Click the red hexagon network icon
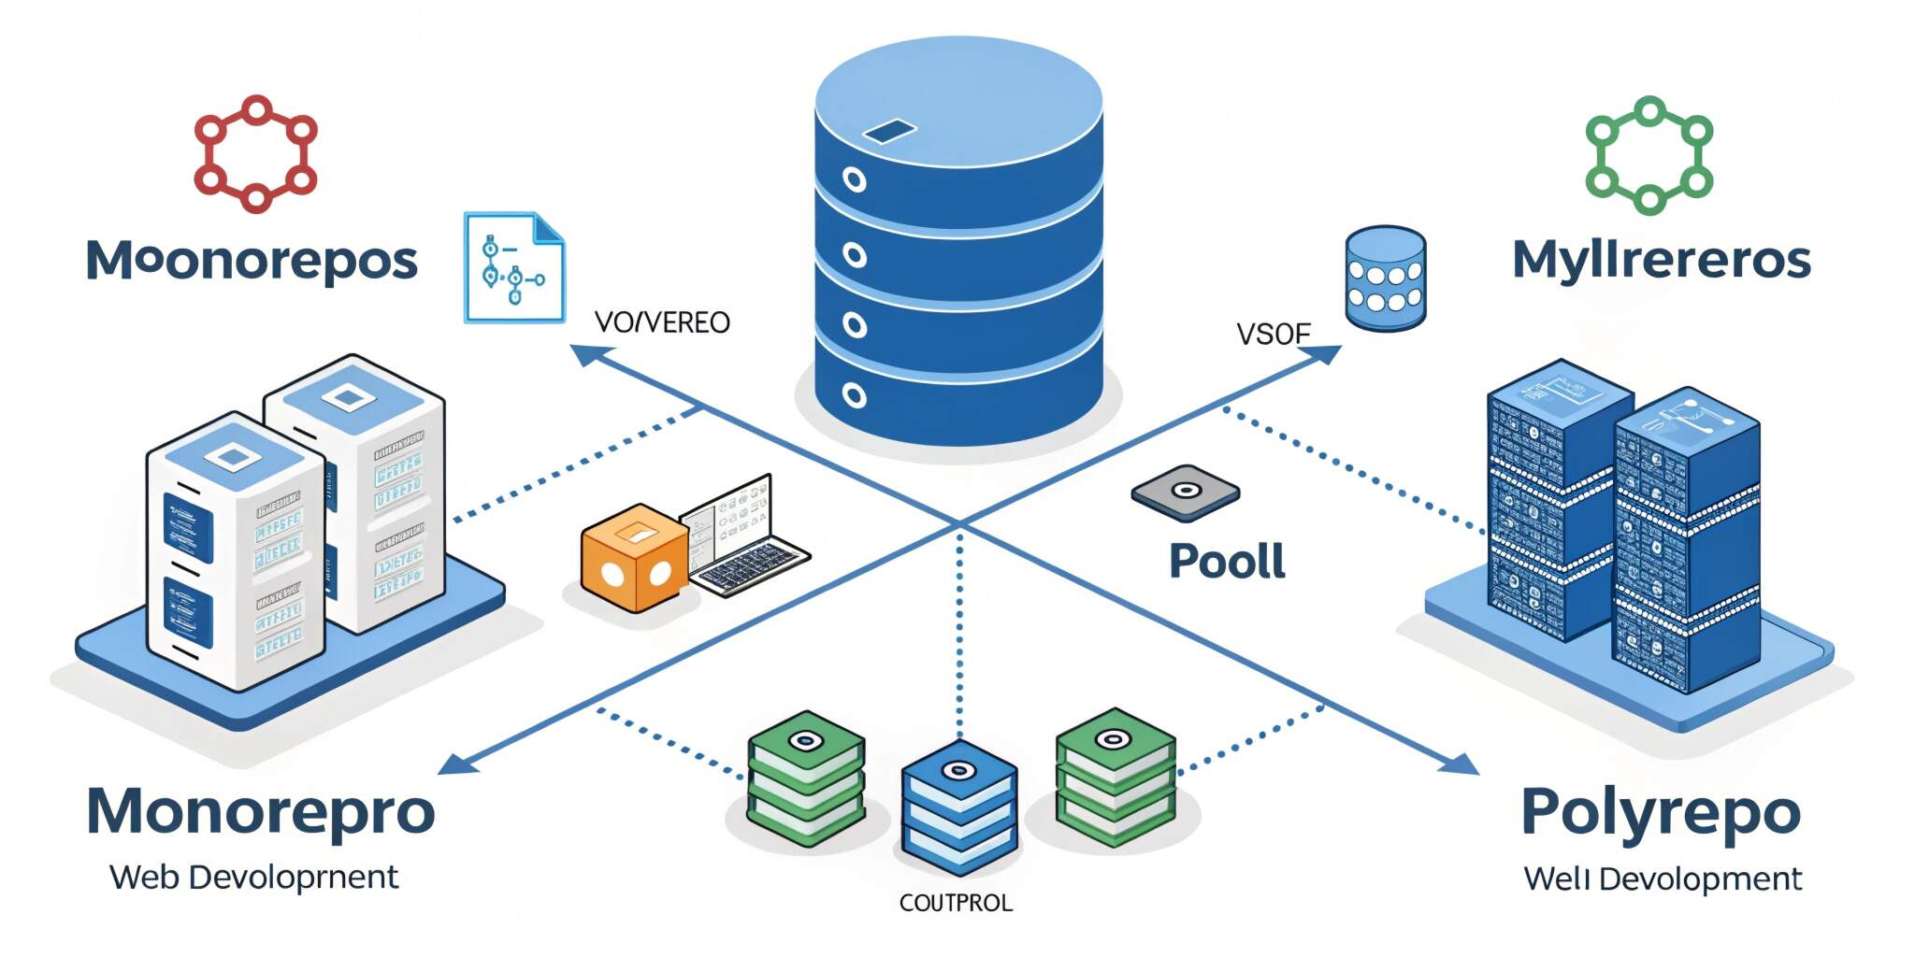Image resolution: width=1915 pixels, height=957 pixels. pyautogui.click(x=255, y=154)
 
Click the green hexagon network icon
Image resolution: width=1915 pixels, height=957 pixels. pyautogui.click(x=1649, y=155)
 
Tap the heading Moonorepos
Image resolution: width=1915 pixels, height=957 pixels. pyautogui.click(x=252, y=261)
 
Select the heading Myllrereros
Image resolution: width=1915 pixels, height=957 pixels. pyautogui.click(x=1662, y=260)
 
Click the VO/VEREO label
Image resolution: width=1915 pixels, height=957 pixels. pyautogui.click(x=662, y=322)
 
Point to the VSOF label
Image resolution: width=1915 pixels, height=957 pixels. pyautogui.click(x=1273, y=334)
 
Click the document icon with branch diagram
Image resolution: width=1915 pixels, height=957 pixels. pyautogui.click(x=514, y=268)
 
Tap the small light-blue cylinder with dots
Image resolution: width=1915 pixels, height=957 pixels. pyautogui.click(x=1385, y=278)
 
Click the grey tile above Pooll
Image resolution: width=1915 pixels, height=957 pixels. pyautogui.click(x=1185, y=493)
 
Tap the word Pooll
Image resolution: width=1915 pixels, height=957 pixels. pyautogui.click(x=1227, y=562)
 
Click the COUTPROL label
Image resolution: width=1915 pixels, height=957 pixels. pyautogui.click(x=955, y=903)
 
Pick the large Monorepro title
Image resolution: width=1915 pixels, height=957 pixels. pyautogui.click(x=260, y=811)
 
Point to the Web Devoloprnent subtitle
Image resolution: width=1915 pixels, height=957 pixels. pyautogui.click(x=253, y=878)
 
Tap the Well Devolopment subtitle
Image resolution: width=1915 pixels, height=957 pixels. pyautogui.click(x=1663, y=879)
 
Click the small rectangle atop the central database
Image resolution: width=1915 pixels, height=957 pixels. pyautogui.click(x=888, y=132)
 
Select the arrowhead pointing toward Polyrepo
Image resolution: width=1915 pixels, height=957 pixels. pyautogui.click(x=1461, y=764)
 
